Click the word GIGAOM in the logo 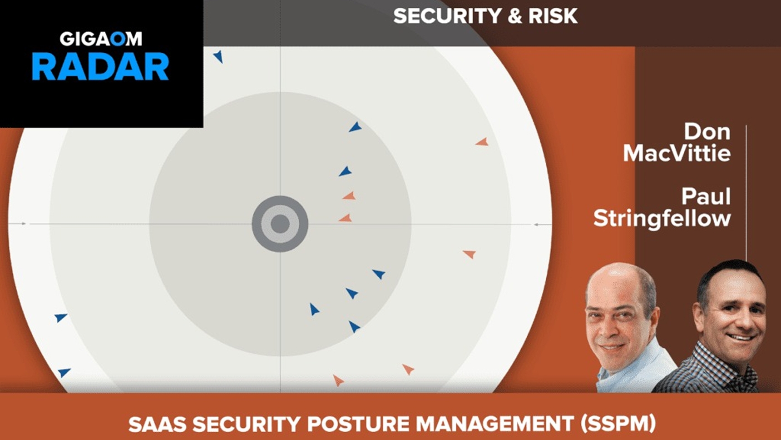coord(101,39)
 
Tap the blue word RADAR coord(100,67)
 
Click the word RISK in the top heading coord(553,16)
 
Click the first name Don coord(707,132)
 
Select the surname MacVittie coord(677,153)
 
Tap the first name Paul coord(706,197)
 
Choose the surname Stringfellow coord(662,219)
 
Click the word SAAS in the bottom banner coord(157,424)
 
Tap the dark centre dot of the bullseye coord(280,224)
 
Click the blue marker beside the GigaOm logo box coord(218,56)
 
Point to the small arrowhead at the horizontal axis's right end coord(536,224)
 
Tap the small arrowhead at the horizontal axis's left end coord(24,224)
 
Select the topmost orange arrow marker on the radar coord(482,142)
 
